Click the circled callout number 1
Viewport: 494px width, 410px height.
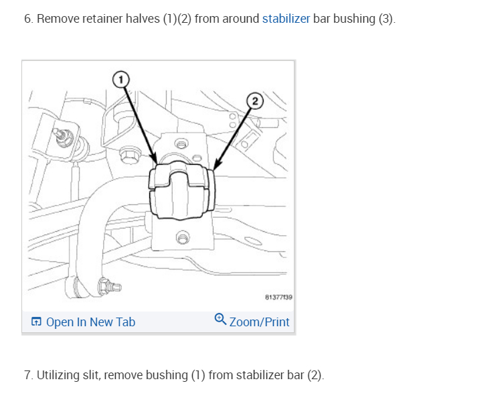point(120,80)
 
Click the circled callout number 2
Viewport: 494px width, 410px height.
point(255,101)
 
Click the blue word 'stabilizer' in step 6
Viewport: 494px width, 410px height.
point(286,19)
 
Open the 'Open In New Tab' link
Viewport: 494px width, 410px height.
point(90,322)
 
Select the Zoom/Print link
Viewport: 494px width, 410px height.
point(259,322)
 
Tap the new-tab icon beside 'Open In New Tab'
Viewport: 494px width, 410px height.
point(36,322)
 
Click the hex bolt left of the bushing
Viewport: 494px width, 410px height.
point(127,156)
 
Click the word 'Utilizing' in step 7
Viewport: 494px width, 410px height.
point(60,375)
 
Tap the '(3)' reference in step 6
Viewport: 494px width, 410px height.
point(387,19)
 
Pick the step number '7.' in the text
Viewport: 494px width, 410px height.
point(28,375)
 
